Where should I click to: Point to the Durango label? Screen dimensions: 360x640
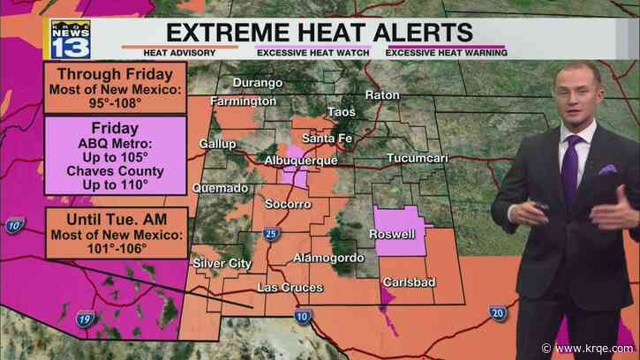click(258, 83)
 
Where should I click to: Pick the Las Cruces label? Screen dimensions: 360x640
click(290, 288)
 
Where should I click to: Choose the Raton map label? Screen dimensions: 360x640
click(384, 94)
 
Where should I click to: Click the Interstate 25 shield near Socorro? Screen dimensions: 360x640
click(267, 234)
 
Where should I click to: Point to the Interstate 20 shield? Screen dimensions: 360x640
click(500, 313)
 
